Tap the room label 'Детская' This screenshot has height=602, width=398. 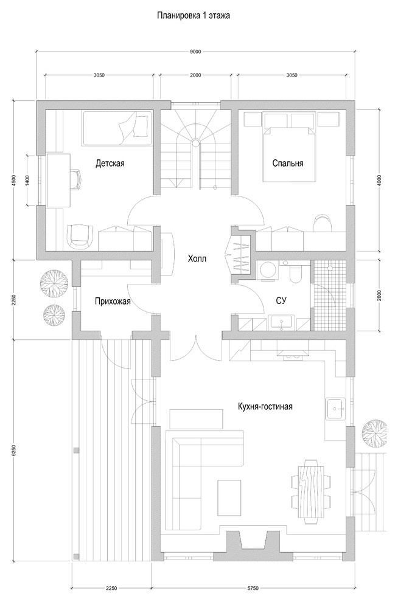[x=110, y=163]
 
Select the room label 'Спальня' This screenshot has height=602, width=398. [x=287, y=163]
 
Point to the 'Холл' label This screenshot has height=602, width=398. [x=197, y=259]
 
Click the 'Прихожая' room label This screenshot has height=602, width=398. [x=113, y=300]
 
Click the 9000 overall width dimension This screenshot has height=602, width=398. [x=195, y=52]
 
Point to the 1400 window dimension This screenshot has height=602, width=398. [x=28, y=181]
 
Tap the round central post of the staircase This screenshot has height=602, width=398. [x=195, y=144]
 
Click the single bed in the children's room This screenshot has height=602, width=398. [x=116, y=128]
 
